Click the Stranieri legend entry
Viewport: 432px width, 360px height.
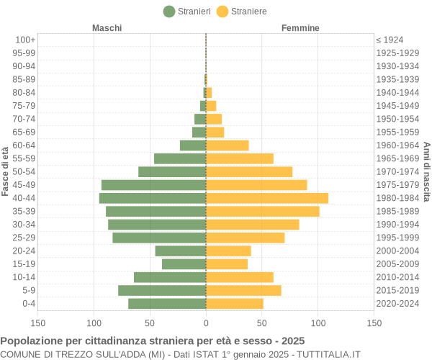(x=187, y=11)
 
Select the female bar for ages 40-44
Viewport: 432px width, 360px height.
(x=267, y=198)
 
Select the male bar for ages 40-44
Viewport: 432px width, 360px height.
(x=153, y=198)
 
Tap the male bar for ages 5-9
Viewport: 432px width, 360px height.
(x=162, y=290)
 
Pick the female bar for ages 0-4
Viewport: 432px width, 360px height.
(x=235, y=303)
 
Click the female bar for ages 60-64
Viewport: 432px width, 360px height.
(x=228, y=145)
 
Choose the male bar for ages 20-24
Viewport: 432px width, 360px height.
(x=181, y=251)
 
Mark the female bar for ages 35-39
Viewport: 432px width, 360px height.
(x=263, y=211)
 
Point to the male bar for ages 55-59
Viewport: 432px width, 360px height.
(x=180, y=158)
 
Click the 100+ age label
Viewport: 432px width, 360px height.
(x=25, y=40)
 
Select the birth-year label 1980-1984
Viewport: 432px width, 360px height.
(x=397, y=198)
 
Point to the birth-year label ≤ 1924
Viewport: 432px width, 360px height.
(x=390, y=40)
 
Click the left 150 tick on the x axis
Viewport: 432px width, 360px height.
(x=38, y=323)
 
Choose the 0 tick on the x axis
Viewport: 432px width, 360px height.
(x=206, y=323)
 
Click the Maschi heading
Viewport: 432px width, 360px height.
(x=107, y=28)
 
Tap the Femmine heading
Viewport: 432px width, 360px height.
(x=300, y=28)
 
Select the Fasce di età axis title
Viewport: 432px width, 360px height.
(x=6, y=171)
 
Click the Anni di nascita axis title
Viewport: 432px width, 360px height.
(x=426, y=171)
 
